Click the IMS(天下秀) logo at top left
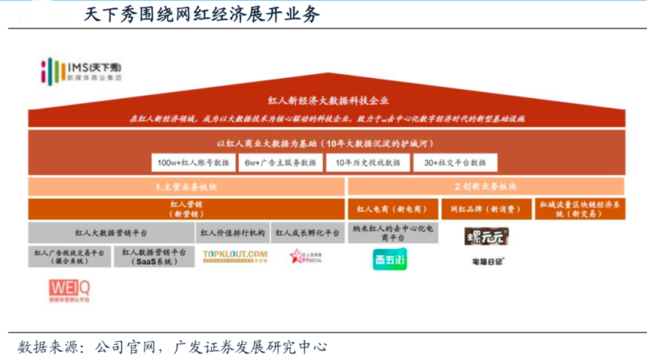tap(82, 70)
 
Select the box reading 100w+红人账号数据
tap(193, 162)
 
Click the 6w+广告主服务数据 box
tap(280, 162)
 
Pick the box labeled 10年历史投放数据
tap(368, 162)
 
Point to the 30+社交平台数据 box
tap(455, 162)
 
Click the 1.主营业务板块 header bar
tap(186, 186)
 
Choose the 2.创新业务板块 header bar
tap(486, 186)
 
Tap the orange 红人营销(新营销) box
tap(186, 209)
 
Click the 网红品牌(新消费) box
tap(486, 209)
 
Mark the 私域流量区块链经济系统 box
tap(580, 209)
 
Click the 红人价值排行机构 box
tap(231, 233)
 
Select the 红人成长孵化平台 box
tap(307, 233)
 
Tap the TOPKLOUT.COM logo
tap(235, 257)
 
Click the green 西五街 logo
tap(390, 259)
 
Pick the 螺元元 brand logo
tap(486, 237)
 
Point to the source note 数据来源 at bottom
tap(172, 347)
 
